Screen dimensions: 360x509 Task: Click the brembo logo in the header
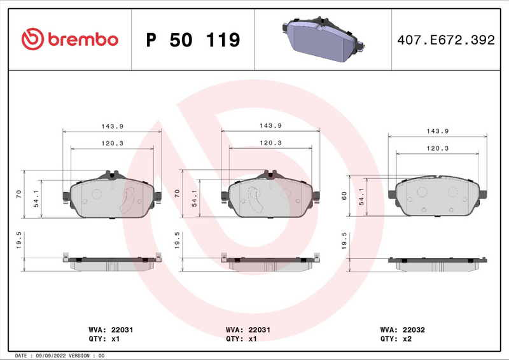click(70, 39)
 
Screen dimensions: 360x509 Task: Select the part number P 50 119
click(193, 40)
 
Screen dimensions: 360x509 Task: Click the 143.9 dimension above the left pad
click(112, 125)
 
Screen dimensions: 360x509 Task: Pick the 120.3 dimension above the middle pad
click(270, 143)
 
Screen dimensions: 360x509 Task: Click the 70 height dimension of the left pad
click(18, 193)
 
